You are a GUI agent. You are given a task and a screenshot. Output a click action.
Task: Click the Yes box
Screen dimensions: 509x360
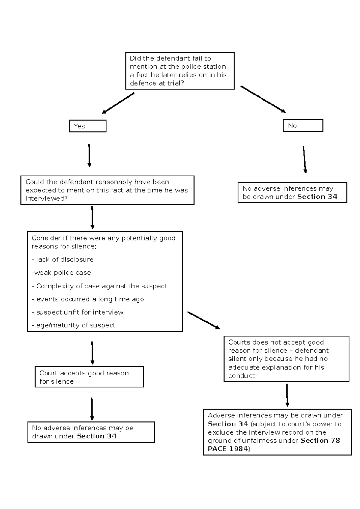click(88, 126)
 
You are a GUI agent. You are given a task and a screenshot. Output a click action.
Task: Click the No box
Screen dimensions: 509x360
click(303, 126)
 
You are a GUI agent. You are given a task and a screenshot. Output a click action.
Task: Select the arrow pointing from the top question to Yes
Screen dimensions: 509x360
click(118, 104)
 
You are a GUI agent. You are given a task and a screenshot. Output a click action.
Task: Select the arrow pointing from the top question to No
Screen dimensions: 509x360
click(263, 99)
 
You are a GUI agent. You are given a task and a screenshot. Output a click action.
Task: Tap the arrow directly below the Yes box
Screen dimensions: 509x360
click(89, 155)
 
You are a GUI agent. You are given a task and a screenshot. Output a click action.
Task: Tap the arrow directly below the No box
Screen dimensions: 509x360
click(304, 160)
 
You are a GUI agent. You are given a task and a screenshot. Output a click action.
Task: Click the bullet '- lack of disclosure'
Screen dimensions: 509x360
click(63, 259)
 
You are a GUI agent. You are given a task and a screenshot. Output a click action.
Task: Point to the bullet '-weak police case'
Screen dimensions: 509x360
click(61, 273)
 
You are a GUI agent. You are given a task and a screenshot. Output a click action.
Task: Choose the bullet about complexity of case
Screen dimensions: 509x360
click(99, 286)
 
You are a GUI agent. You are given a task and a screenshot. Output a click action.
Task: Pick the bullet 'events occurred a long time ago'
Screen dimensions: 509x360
click(88, 299)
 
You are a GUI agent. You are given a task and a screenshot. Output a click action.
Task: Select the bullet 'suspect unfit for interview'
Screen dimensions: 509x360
click(78, 312)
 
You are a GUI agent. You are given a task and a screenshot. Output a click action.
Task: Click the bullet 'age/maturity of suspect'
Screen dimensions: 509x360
click(74, 325)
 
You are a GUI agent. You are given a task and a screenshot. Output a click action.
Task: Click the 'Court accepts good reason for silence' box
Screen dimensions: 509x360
click(89, 377)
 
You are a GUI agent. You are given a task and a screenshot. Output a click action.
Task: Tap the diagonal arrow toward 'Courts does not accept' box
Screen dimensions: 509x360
click(203, 320)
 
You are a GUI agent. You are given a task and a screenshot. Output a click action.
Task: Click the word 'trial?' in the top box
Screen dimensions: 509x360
click(175, 83)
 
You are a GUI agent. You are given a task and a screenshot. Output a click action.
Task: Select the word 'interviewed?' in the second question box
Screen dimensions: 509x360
click(46, 198)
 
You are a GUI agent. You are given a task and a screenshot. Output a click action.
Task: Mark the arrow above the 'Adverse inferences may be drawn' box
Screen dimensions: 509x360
click(287, 395)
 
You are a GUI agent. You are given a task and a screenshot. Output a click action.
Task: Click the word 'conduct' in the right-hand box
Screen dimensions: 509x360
click(241, 375)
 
